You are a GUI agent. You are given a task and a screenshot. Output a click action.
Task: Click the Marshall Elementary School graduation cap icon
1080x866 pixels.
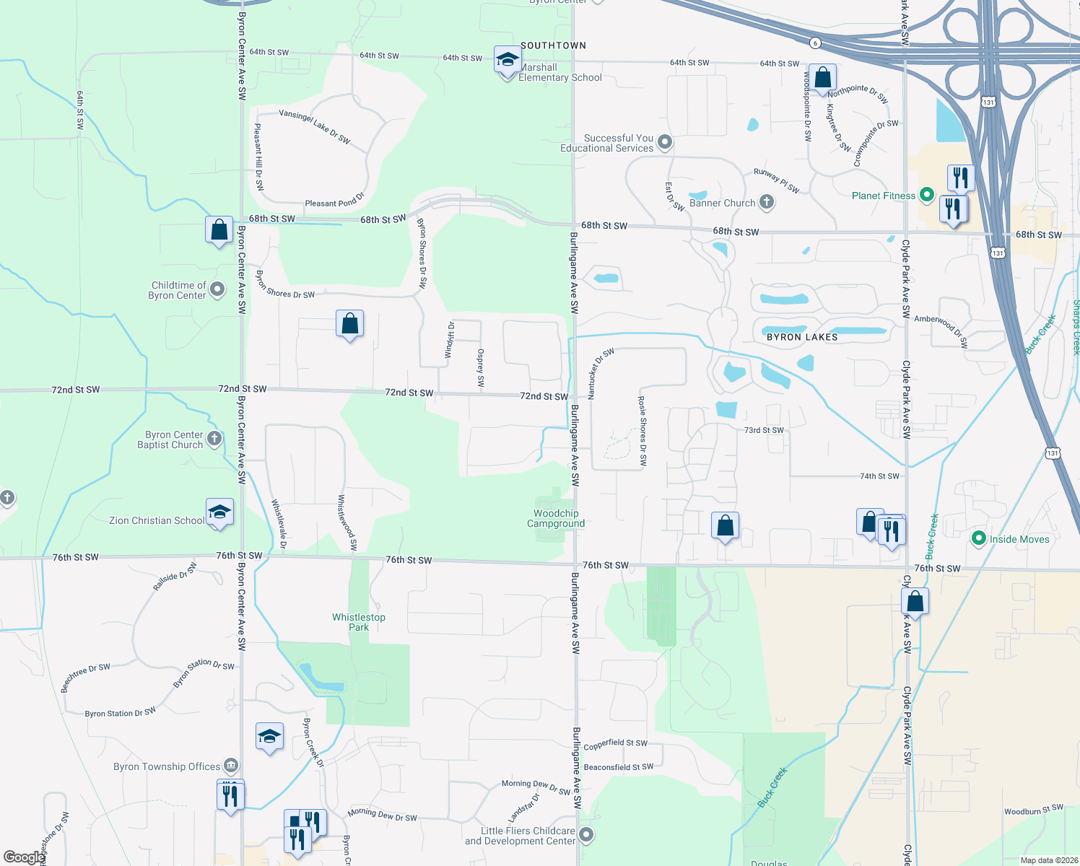click(508, 59)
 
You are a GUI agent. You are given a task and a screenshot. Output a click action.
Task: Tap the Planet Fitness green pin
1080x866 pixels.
click(927, 195)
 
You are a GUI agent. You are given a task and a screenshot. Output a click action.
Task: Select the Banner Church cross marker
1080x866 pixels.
click(767, 203)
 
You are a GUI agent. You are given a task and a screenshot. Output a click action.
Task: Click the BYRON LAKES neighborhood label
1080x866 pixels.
click(802, 337)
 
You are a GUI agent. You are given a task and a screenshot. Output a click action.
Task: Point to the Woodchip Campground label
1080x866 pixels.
click(556, 518)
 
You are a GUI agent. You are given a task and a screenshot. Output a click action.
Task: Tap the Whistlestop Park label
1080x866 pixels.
click(359, 622)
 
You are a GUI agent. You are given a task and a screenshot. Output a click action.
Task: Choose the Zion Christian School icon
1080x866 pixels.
click(219, 512)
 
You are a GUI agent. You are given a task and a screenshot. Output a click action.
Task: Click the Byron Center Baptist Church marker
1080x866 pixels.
click(214, 438)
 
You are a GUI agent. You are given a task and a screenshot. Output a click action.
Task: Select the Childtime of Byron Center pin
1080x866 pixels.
click(217, 289)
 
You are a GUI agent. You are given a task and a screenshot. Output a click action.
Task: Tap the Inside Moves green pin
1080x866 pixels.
click(979, 538)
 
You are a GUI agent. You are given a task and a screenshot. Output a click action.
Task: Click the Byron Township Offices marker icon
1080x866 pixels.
click(230, 765)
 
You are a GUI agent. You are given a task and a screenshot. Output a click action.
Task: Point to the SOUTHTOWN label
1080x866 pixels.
click(553, 45)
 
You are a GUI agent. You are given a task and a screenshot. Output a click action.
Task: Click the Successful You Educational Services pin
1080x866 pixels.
click(665, 142)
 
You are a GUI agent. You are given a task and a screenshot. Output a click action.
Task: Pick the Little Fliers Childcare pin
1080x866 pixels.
click(586, 835)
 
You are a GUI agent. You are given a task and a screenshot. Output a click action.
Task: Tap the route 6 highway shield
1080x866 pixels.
click(815, 43)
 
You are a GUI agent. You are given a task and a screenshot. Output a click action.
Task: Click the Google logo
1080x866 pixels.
click(24, 857)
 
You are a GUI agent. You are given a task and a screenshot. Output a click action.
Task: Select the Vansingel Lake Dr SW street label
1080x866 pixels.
click(315, 126)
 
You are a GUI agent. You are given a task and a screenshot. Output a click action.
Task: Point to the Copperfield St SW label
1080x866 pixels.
click(615, 743)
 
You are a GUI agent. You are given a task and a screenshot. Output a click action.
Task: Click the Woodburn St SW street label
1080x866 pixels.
click(1034, 810)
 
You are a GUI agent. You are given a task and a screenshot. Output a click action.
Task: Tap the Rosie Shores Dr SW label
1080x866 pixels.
click(643, 430)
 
